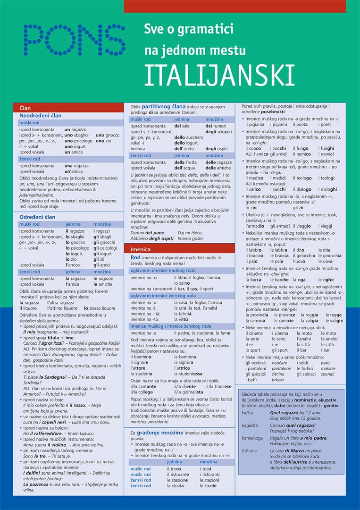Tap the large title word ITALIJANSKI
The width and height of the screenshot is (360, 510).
(219, 75)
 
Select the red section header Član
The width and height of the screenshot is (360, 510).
(25, 108)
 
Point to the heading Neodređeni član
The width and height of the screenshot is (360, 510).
(41, 116)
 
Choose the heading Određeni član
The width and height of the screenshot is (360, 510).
(37, 217)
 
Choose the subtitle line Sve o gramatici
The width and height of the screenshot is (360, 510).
(189, 30)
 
